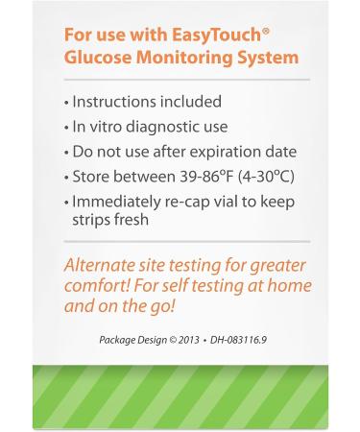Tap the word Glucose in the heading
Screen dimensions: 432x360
tap(98, 58)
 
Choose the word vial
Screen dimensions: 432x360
tap(229, 202)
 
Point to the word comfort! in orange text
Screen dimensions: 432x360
tap(95, 286)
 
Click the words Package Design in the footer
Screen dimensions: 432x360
tap(132, 339)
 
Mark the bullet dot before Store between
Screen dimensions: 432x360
tap(65, 177)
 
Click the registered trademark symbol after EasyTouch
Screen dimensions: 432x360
tap(265, 30)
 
